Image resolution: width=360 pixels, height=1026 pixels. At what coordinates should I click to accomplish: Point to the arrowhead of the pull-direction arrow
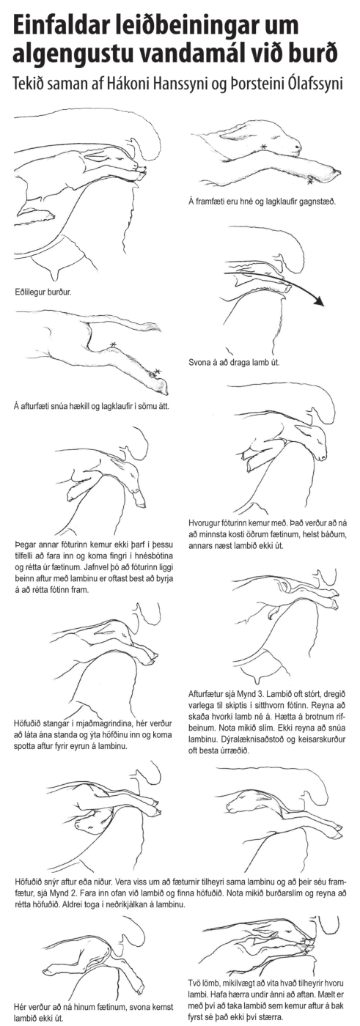320,301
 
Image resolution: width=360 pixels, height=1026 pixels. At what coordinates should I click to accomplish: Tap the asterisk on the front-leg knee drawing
264,147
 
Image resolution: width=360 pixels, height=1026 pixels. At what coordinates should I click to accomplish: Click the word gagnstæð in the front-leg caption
319,201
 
